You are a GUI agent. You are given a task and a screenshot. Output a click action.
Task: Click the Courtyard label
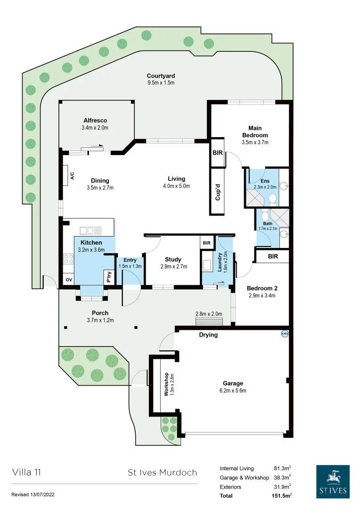pos(161,76)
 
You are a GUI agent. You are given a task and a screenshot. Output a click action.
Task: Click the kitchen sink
pos(90,230)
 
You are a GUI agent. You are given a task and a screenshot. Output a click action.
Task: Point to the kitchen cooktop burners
pos(68,259)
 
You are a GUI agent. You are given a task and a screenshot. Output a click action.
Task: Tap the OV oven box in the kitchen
pos(69,280)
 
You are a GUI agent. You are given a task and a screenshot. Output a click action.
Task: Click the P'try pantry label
pos(109,278)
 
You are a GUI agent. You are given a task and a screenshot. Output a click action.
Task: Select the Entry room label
pos(130,260)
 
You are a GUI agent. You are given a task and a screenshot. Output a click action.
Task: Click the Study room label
pos(173,259)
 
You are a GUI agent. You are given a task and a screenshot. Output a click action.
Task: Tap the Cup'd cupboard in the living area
pos(218,192)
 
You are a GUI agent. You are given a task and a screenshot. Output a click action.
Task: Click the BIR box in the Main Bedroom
pos(218,153)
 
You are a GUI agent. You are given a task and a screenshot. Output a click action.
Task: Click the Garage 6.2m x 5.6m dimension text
pos(233,391)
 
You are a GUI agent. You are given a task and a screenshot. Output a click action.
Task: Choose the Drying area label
pos(208,335)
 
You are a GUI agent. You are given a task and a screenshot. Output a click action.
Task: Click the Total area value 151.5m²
pos(282,496)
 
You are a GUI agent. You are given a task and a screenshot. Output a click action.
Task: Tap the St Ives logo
pos(333,481)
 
